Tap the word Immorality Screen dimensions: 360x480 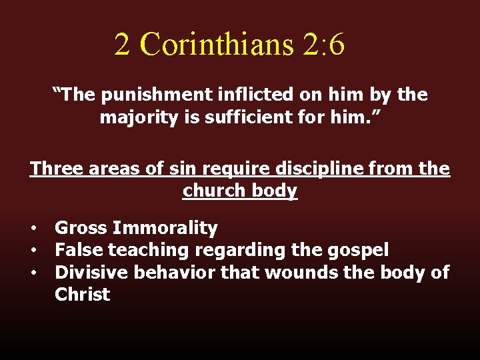point(165,229)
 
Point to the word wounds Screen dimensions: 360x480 point(297,273)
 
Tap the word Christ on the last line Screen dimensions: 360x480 point(82,295)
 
